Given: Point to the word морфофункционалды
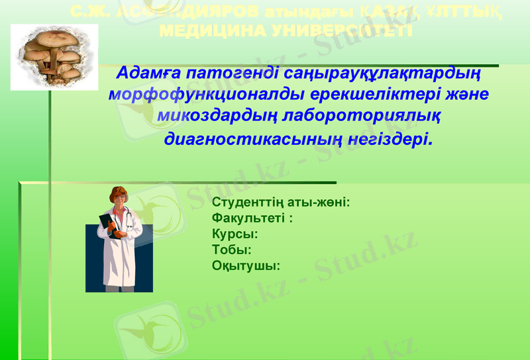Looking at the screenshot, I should click(197, 94).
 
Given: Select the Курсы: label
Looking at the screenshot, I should click(235, 234).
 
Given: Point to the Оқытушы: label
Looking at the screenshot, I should click(245, 265).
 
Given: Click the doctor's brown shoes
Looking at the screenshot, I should click(119, 289).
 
